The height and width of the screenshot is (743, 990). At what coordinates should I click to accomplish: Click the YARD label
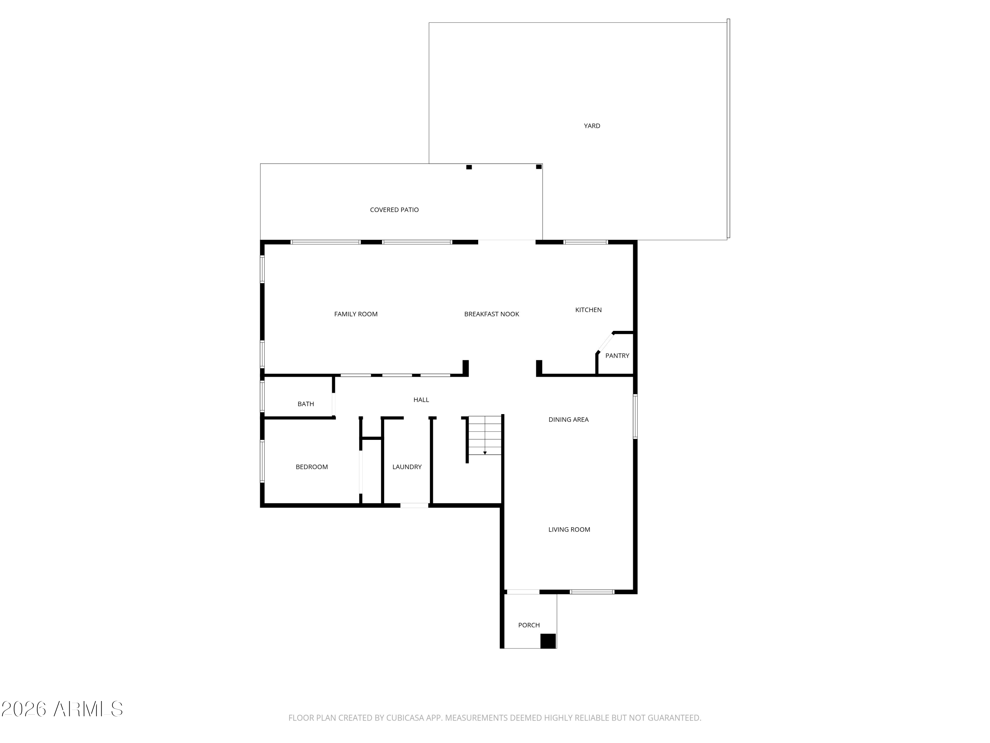coord(592,126)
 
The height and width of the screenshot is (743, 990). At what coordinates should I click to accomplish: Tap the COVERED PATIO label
coord(394,210)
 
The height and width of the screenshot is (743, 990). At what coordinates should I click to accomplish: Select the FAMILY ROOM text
coord(356,314)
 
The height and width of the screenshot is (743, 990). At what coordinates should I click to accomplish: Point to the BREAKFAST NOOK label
coord(491,314)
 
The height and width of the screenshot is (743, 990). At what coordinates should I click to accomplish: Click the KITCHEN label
coord(588,309)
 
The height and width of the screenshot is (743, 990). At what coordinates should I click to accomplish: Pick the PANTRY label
coord(617,356)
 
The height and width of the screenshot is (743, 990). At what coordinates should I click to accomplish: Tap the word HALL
coord(421,400)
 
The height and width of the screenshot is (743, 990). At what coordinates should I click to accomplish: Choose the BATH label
coord(306,404)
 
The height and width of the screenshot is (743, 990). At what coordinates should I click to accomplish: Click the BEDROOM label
coord(312,467)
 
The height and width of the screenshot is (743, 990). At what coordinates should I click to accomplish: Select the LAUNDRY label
coord(407,467)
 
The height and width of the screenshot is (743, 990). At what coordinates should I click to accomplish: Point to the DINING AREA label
coord(568,420)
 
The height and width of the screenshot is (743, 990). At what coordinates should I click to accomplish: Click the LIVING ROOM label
coord(569,529)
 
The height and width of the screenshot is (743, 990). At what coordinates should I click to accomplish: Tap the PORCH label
coord(529,625)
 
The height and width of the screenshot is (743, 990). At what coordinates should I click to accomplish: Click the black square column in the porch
coord(548,641)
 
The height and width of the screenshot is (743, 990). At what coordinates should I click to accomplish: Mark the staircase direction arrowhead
coord(485,453)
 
